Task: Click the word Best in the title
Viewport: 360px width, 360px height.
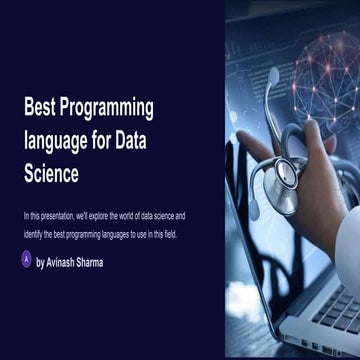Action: pos(41,109)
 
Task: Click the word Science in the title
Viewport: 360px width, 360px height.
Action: pos(51,174)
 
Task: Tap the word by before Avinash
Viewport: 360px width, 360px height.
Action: pos(39,263)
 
